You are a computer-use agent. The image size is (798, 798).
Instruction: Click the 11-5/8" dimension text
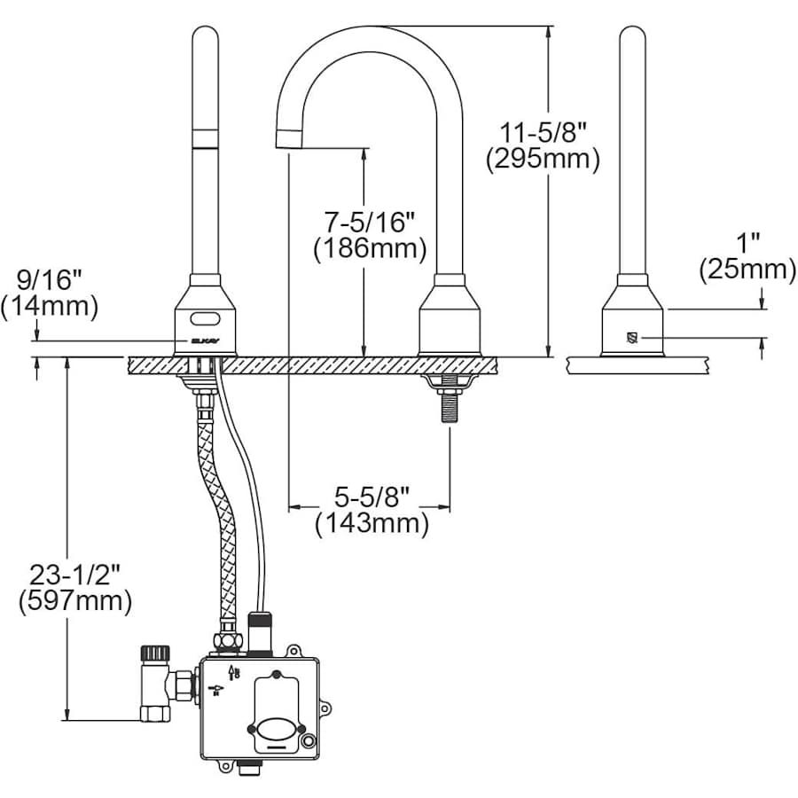tap(543, 133)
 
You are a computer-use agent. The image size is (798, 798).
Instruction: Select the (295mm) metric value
tap(543, 160)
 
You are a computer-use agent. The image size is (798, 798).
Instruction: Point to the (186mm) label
tap(370, 249)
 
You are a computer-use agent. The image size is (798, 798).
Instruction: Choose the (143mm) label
tap(372, 524)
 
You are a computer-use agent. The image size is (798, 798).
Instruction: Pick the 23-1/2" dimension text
tap(74, 575)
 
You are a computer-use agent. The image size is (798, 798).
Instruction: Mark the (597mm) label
tap(74, 602)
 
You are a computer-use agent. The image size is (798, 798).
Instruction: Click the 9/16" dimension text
tap(49, 280)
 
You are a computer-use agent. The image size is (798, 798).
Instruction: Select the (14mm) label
tap(49, 307)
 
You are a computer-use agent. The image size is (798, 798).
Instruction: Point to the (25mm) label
tap(747, 269)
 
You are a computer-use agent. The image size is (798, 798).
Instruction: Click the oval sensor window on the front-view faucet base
tap(205, 315)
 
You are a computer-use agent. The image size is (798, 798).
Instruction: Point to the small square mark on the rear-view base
tap(632, 337)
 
